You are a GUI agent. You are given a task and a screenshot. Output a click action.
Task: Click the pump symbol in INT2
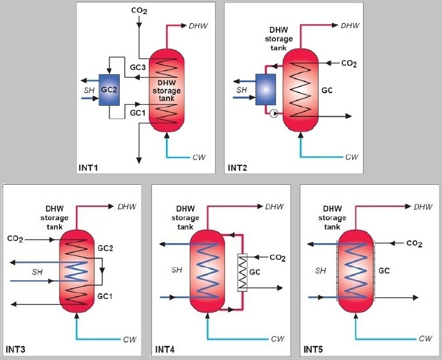click(x=275, y=113)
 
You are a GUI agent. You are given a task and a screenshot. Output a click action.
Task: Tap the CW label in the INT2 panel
click(x=352, y=157)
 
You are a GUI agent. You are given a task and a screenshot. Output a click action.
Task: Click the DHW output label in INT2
click(x=351, y=26)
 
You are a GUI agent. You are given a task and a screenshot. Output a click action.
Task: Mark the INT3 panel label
click(x=17, y=350)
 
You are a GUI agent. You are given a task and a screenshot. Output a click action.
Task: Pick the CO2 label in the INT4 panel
click(x=277, y=257)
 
